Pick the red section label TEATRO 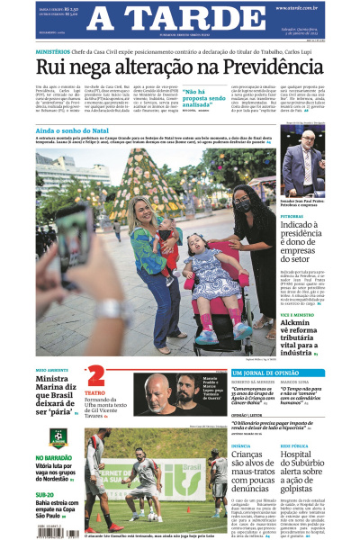[94, 393]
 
